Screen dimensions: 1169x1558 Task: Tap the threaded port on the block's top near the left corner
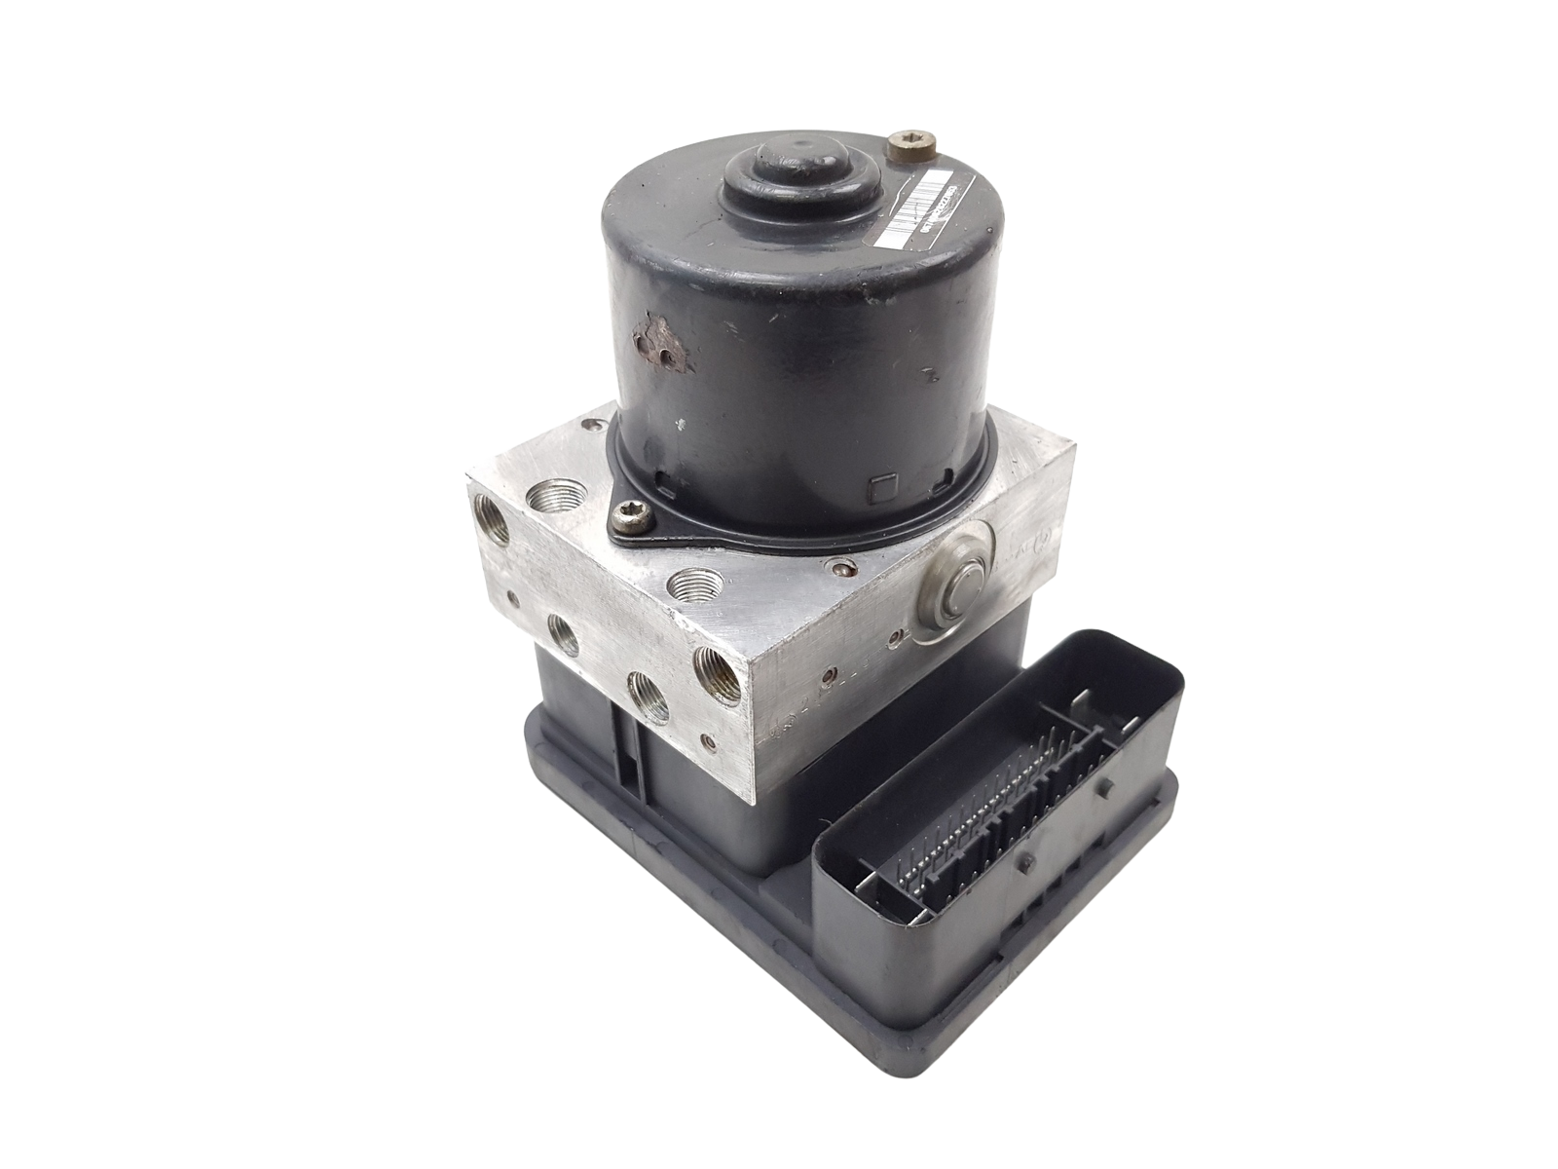(545, 502)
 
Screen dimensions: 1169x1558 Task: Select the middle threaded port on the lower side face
(644, 693)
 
